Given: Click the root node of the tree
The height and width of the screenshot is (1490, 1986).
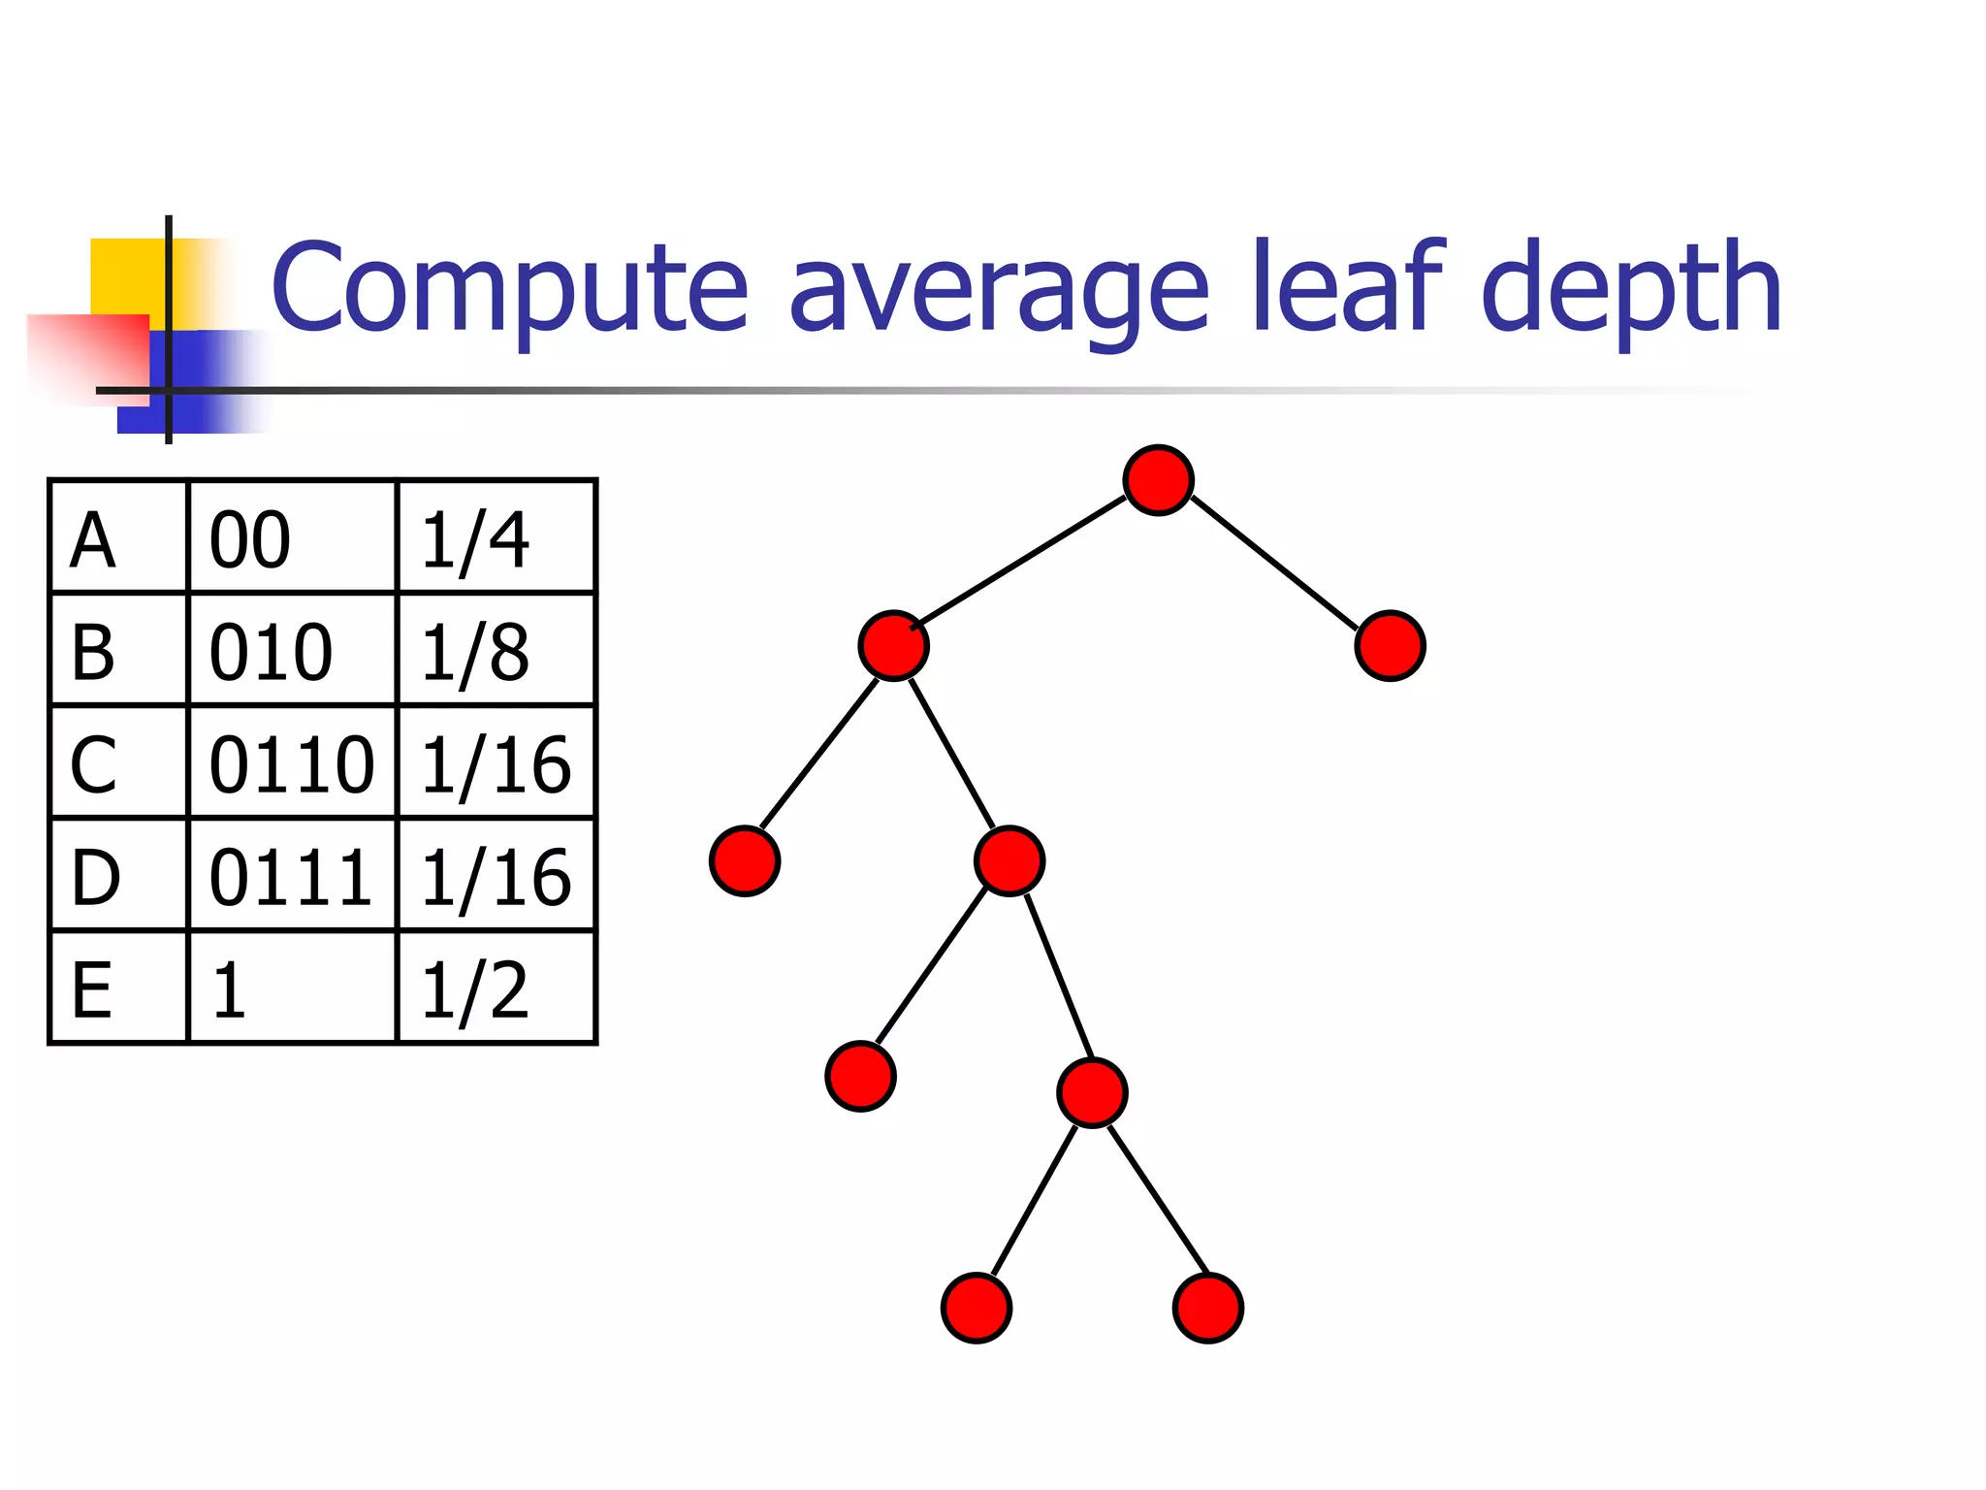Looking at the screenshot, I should [x=1158, y=480].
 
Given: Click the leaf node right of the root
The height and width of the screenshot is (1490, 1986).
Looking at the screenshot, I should [x=1390, y=646].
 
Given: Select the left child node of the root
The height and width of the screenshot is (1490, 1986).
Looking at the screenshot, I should [x=893, y=646].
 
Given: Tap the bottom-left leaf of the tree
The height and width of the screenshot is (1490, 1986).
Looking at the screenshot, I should [x=977, y=1308].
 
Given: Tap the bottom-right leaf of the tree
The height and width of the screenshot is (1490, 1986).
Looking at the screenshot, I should [x=1208, y=1308].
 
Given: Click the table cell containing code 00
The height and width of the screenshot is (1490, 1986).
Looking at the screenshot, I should [x=291, y=537].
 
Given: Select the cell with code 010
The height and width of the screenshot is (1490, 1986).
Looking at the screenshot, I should [x=291, y=650].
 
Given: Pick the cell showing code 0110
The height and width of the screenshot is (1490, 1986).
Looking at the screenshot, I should [x=291, y=763].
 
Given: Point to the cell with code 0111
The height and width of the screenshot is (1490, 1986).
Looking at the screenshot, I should [x=291, y=876].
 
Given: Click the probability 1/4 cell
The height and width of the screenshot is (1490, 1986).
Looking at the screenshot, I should [x=496, y=537].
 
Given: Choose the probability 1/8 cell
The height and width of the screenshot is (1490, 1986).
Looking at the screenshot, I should [x=496, y=650].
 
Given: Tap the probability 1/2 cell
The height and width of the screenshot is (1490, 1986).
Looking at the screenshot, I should [x=496, y=988].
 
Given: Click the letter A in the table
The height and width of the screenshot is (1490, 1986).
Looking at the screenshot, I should [x=94, y=539].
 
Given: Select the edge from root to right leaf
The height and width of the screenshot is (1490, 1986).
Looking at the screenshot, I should [x=1273, y=563].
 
